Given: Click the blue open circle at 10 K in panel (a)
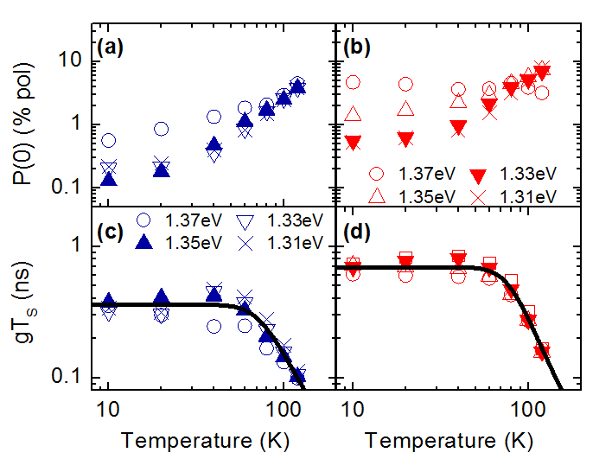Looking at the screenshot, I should click(109, 141).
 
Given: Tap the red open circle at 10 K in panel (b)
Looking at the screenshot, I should click(353, 82).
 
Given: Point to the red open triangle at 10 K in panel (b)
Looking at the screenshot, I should click(353, 115).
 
